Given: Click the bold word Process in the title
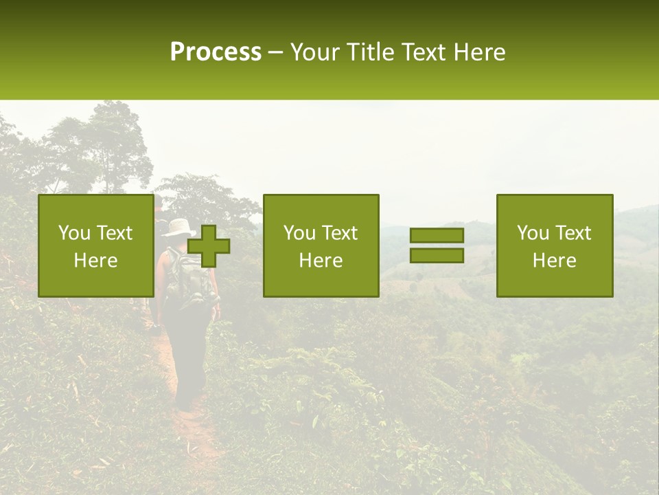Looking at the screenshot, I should click(x=216, y=52).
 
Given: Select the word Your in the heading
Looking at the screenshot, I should click(x=316, y=52).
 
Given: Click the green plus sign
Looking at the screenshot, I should click(x=209, y=246).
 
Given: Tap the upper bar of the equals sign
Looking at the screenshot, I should click(x=437, y=235).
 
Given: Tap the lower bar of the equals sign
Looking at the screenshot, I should click(x=437, y=255).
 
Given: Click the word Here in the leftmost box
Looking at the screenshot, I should click(x=95, y=261).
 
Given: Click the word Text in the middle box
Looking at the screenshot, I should click(x=341, y=233).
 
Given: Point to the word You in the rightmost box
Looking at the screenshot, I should click(x=533, y=233).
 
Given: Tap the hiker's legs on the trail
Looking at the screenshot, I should click(x=189, y=364).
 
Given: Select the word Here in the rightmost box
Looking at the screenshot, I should click(x=554, y=261).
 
